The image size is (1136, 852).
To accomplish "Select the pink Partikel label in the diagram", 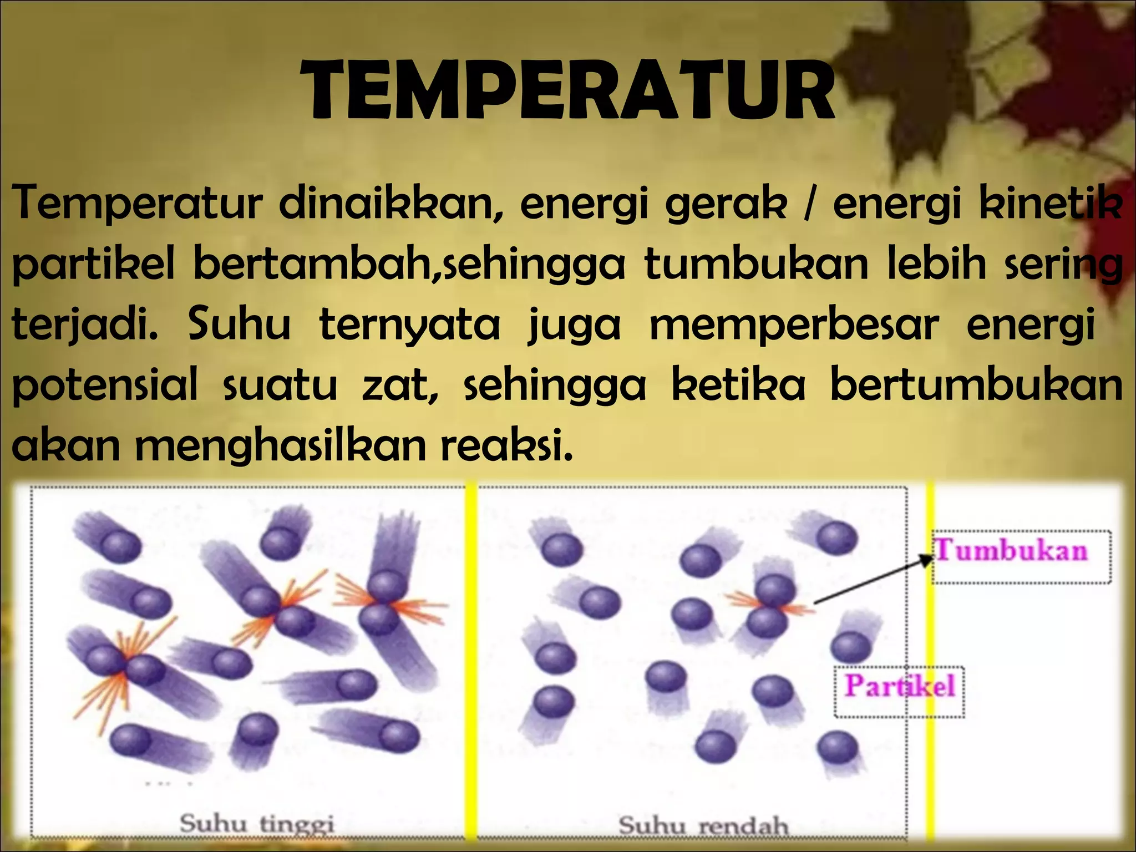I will (899, 686).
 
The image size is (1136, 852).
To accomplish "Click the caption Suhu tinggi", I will (257, 825).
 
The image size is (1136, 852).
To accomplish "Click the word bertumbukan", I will (976, 385).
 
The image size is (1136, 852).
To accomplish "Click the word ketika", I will (738, 385).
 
